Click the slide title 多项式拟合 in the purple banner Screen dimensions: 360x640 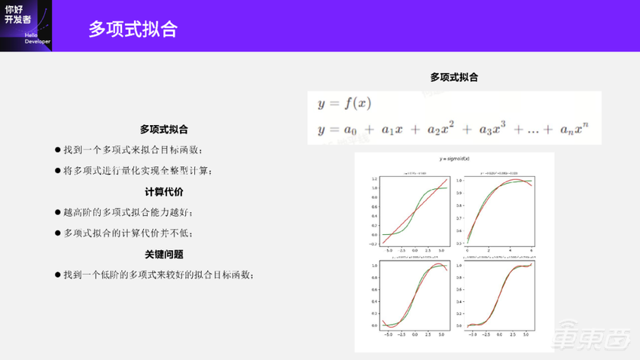(133, 29)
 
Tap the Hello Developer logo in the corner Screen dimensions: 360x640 (23, 25)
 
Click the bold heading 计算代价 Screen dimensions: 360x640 (163, 192)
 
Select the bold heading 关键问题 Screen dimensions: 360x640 (163, 255)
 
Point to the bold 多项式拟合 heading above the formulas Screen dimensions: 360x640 (454, 77)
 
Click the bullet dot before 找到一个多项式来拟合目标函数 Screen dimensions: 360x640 (57, 150)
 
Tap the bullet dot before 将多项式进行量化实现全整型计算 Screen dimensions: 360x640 (57, 171)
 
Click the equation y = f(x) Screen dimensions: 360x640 (345, 103)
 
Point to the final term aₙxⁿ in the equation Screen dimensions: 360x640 (578, 129)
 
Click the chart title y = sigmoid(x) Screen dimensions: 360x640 (454, 160)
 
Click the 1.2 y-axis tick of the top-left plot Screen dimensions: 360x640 (374, 179)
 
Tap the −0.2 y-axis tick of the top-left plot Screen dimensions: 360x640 (373, 244)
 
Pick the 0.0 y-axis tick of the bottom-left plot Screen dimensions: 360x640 (374, 326)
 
